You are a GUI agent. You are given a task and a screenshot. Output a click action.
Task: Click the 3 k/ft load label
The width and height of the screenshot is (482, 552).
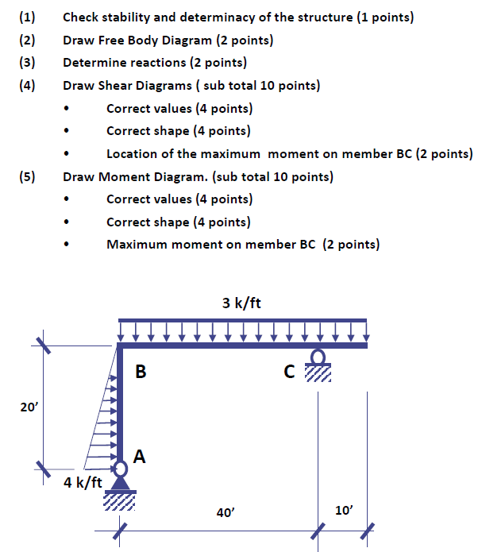pyautogui.click(x=242, y=303)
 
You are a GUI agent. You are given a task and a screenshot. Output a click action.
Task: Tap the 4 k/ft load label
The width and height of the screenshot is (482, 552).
pyautogui.click(x=83, y=482)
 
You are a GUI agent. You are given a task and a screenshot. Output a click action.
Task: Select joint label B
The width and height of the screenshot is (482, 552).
pyautogui.click(x=141, y=371)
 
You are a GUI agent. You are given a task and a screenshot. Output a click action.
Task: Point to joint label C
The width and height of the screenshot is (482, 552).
pyautogui.click(x=289, y=372)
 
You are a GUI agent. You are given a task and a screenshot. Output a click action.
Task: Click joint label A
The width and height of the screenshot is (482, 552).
pyautogui.click(x=140, y=457)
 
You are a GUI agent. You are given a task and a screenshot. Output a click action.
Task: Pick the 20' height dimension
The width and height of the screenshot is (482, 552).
pyautogui.click(x=29, y=407)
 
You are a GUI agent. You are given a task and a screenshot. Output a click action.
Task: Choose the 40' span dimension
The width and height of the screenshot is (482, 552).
pyautogui.click(x=225, y=513)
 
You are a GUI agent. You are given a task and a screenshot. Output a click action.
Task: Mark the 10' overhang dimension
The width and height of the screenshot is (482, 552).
pyautogui.click(x=343, y=510)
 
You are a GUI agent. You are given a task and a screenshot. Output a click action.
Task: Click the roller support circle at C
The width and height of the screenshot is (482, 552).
pyautogui.click(x=318, y=356)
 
